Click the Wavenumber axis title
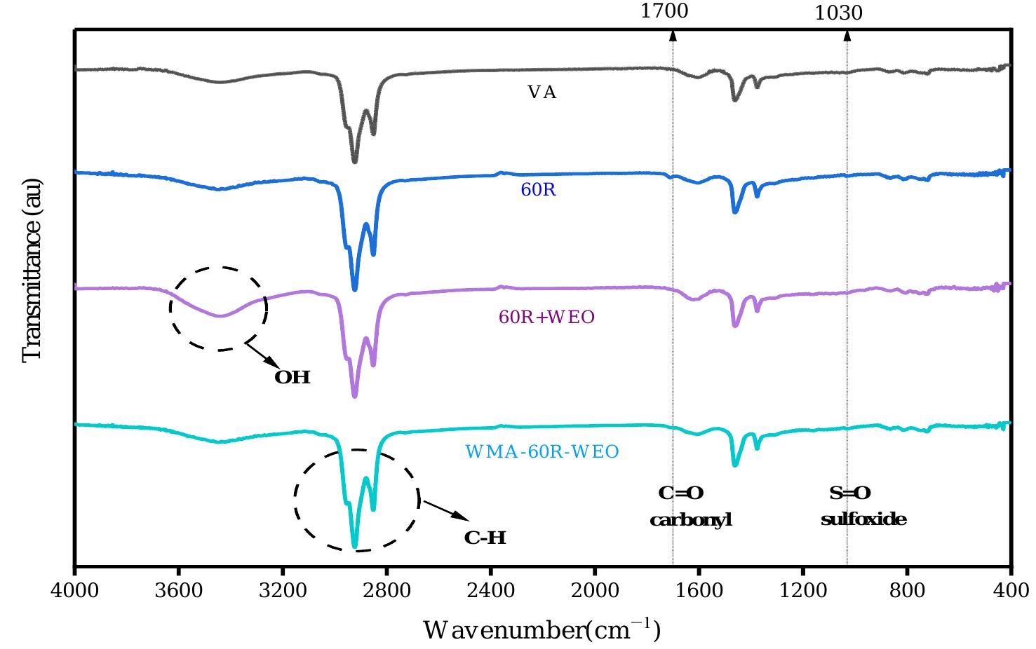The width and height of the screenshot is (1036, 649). click(x=541, y=630)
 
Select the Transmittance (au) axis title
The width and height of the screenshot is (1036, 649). click(x=32, y=271)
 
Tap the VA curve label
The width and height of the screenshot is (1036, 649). click(x=541, y=93)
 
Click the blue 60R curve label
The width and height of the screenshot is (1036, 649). click(x=539, y=190)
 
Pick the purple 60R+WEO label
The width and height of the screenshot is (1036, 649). click(x=546, y=317)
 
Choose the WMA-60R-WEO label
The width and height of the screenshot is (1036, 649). click(x=542, y=452)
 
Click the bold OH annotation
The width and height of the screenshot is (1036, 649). click(x=292, y=378)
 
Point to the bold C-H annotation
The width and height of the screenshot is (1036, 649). click(x=485, y=538)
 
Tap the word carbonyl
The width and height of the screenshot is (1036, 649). click(x=691, y=520)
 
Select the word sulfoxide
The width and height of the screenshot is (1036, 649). click(x=863, y=520)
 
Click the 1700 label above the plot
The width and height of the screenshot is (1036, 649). click(x=664, y=11)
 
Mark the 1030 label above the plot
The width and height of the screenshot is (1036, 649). click(x=838, y=13)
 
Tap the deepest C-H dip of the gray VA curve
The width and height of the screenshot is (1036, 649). click(x=354, y=160)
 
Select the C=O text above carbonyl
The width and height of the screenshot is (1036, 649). click(x=680, y=493)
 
